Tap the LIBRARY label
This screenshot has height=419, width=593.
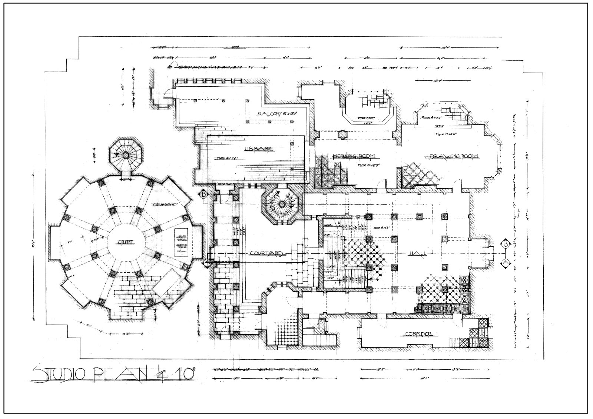tap(258, 149)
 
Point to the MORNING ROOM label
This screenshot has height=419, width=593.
tap(354, 156)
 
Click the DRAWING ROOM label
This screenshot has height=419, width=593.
tap(454, 156)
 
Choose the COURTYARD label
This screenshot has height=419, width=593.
tap(266, 254)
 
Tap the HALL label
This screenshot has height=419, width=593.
tap(417, 253)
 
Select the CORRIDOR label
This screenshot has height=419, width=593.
tap(419, 334)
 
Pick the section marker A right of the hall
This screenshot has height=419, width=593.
tap(505, 263)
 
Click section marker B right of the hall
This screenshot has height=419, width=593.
tap(506, 244)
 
